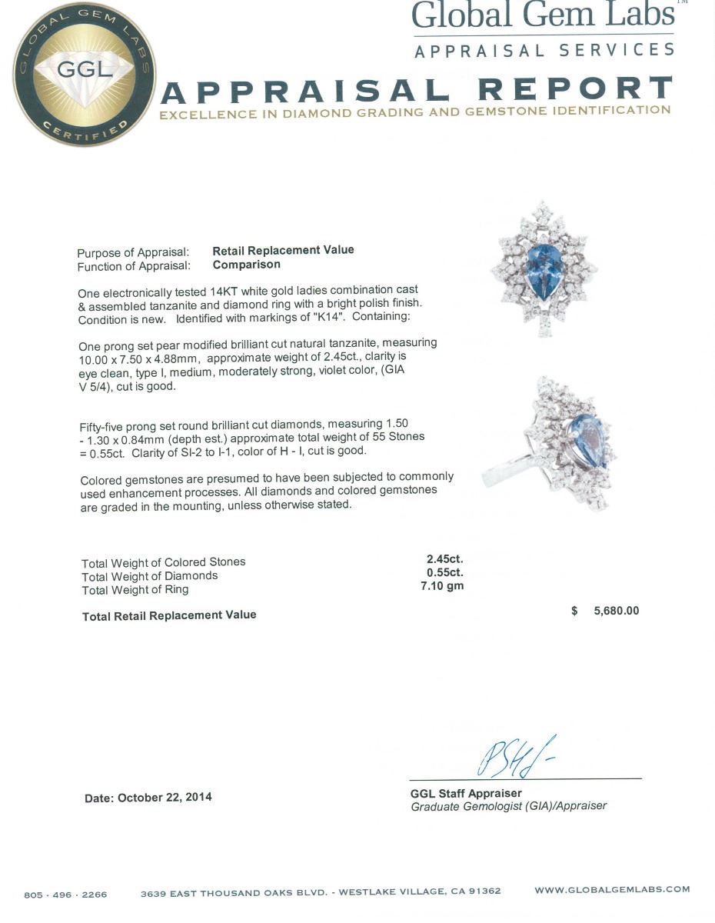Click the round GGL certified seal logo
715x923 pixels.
tap(84, 75)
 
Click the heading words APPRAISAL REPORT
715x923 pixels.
tap(416, 90)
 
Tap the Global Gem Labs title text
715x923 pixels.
tap(543, 15)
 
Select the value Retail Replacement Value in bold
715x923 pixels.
tap(283, 250)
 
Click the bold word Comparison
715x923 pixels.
tap(246, 265)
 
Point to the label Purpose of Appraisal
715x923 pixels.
tap(128, 253)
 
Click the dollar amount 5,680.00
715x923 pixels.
tap(616, 611)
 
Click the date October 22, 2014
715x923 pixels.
tap(165, 798)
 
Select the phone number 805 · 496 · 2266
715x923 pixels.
tap(65, 895)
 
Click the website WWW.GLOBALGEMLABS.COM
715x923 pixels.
tap(612, 890)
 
